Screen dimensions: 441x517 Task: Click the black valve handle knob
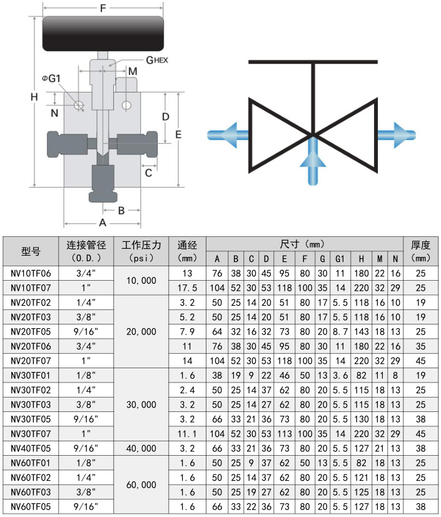103,35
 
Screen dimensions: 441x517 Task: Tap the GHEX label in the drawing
156,59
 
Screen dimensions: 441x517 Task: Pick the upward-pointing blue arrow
313,161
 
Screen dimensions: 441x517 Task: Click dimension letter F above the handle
103,8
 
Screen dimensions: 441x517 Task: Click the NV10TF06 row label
31,273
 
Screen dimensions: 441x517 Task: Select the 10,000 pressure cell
141,281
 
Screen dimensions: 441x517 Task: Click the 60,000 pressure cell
141,484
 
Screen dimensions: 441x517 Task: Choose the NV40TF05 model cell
31,448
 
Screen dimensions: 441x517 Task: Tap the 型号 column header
31,251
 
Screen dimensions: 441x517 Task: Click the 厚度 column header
420,251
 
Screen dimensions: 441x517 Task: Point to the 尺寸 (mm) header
304,244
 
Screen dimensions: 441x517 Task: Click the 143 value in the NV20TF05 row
361,331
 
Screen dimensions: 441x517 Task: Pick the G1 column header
340,259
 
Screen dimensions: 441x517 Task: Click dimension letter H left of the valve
34,97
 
